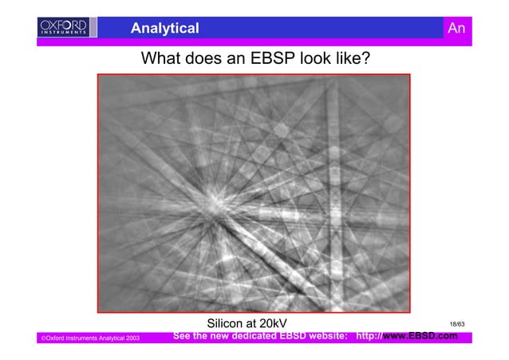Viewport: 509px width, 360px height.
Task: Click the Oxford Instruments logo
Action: pos(66,28)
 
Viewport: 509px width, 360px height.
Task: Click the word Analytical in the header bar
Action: pos(165,29)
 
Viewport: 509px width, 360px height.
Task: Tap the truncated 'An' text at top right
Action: pos(456,29)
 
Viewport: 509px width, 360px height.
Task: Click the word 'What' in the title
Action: pos(160,59)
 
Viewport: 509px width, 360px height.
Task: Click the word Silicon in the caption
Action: pos(227,323)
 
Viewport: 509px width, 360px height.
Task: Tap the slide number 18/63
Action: pos(457,324)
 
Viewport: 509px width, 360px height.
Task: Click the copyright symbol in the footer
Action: pos(42,340)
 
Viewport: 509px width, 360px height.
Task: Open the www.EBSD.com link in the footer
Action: pos(420,337)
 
